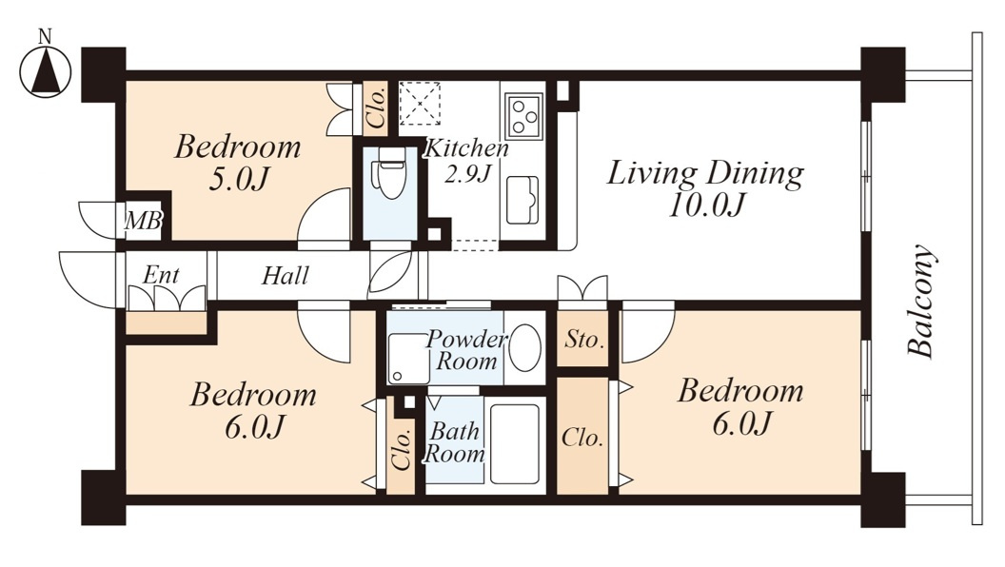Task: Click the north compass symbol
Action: click(44, 71)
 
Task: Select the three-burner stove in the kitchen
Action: click(523, 116)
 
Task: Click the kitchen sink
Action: click(522, 200)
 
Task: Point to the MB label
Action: click(143, 221)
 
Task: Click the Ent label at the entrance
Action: click(161, 275)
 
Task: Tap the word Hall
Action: click(286, 276)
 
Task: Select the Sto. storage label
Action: click(584, 339)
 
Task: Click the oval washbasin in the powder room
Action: click(524, 347)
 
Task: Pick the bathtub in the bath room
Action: click(515, 444)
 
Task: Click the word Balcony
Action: click(921, 301)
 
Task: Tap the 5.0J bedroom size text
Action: click(238, 180)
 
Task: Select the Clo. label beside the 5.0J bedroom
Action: click(376, 108)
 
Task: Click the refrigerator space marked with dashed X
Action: click(420, 103)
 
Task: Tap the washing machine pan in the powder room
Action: click(408, 359)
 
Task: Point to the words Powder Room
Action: click(466, 350)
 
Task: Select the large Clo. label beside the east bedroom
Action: click(582, 439)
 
